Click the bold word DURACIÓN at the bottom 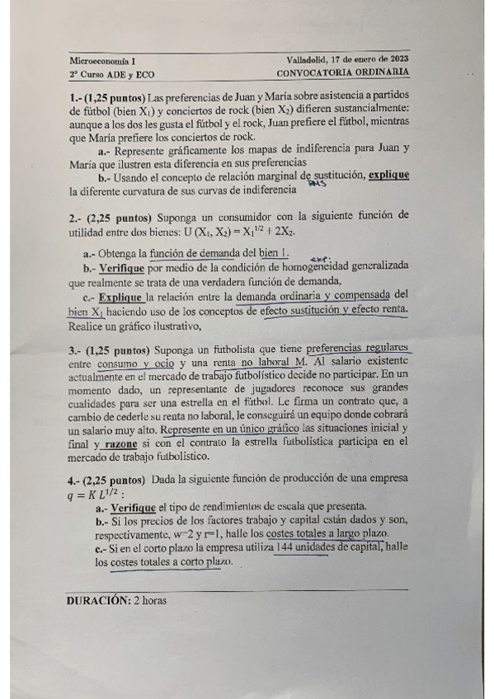97,600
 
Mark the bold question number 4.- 74,479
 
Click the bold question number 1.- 75,97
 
